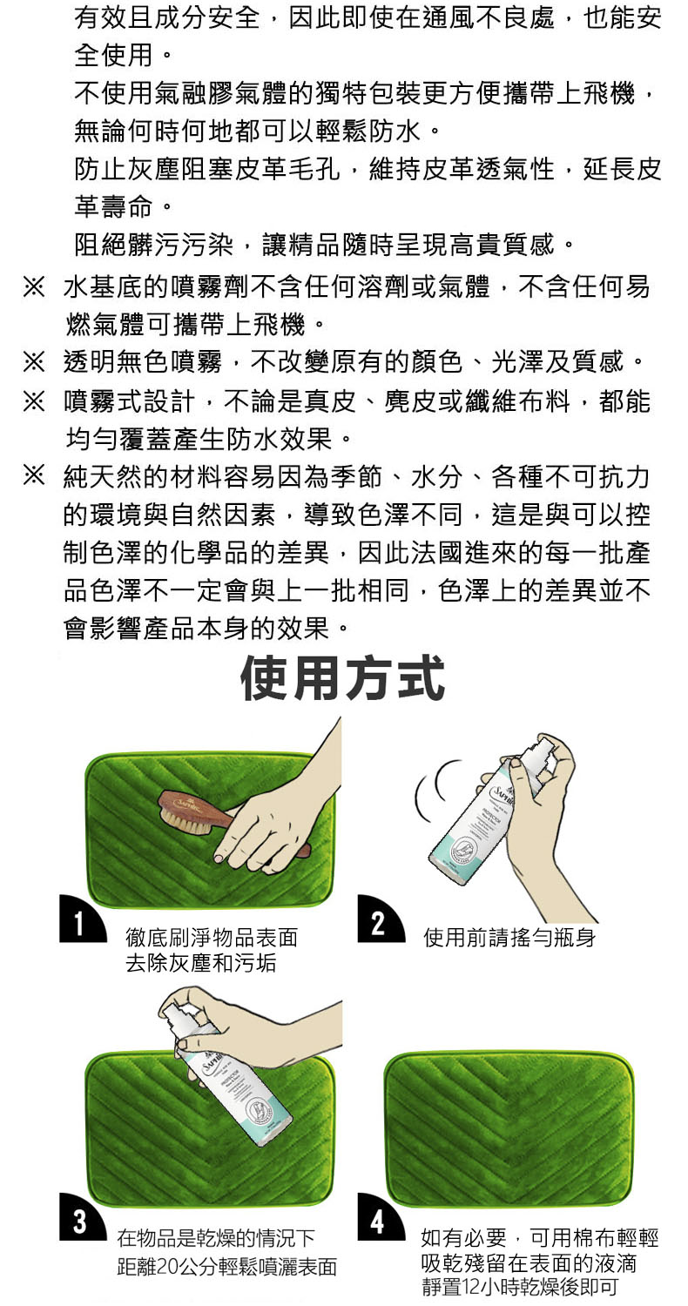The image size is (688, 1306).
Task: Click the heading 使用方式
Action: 343,677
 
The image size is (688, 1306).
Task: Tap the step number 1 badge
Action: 82,919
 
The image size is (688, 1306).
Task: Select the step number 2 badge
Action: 381,919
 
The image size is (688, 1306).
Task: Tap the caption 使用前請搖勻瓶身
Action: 509,938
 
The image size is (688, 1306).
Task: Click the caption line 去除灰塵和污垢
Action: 201,963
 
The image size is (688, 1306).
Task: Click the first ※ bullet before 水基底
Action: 34,287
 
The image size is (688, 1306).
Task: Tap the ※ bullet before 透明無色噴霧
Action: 34,363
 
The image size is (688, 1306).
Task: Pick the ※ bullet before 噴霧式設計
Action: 34,401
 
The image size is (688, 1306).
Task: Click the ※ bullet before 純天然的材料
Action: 34,476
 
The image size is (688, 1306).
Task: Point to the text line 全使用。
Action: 123,56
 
